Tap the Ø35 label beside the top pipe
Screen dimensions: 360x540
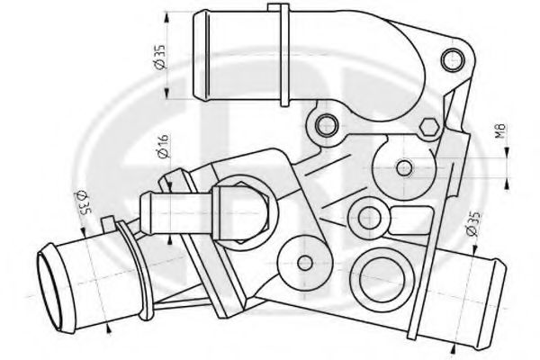click(x=161, y=57)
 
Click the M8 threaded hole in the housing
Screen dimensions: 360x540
click(x=404, y=166)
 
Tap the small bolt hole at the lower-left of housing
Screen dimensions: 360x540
click(x=305, y=262)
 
